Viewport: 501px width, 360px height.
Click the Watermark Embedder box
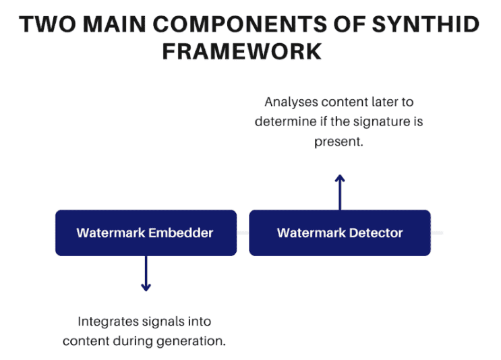click(x=146, y=233)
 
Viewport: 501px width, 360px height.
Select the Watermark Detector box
click(x=340, y=233)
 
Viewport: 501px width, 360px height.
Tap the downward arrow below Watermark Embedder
click(x=146, y=274)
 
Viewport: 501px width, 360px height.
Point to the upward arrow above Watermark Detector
click(x=340, y=191)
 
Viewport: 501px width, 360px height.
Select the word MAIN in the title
click(x=110, y=25)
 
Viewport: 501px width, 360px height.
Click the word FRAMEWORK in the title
click(x=250, y=51)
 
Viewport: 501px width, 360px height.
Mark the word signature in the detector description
click(x=384, y=123)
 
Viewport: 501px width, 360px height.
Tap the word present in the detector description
click(x=338, y=142)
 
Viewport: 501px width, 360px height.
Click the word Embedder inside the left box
click(x=181, y=233)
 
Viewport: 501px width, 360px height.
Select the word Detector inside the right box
click(x=376, y=233)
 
